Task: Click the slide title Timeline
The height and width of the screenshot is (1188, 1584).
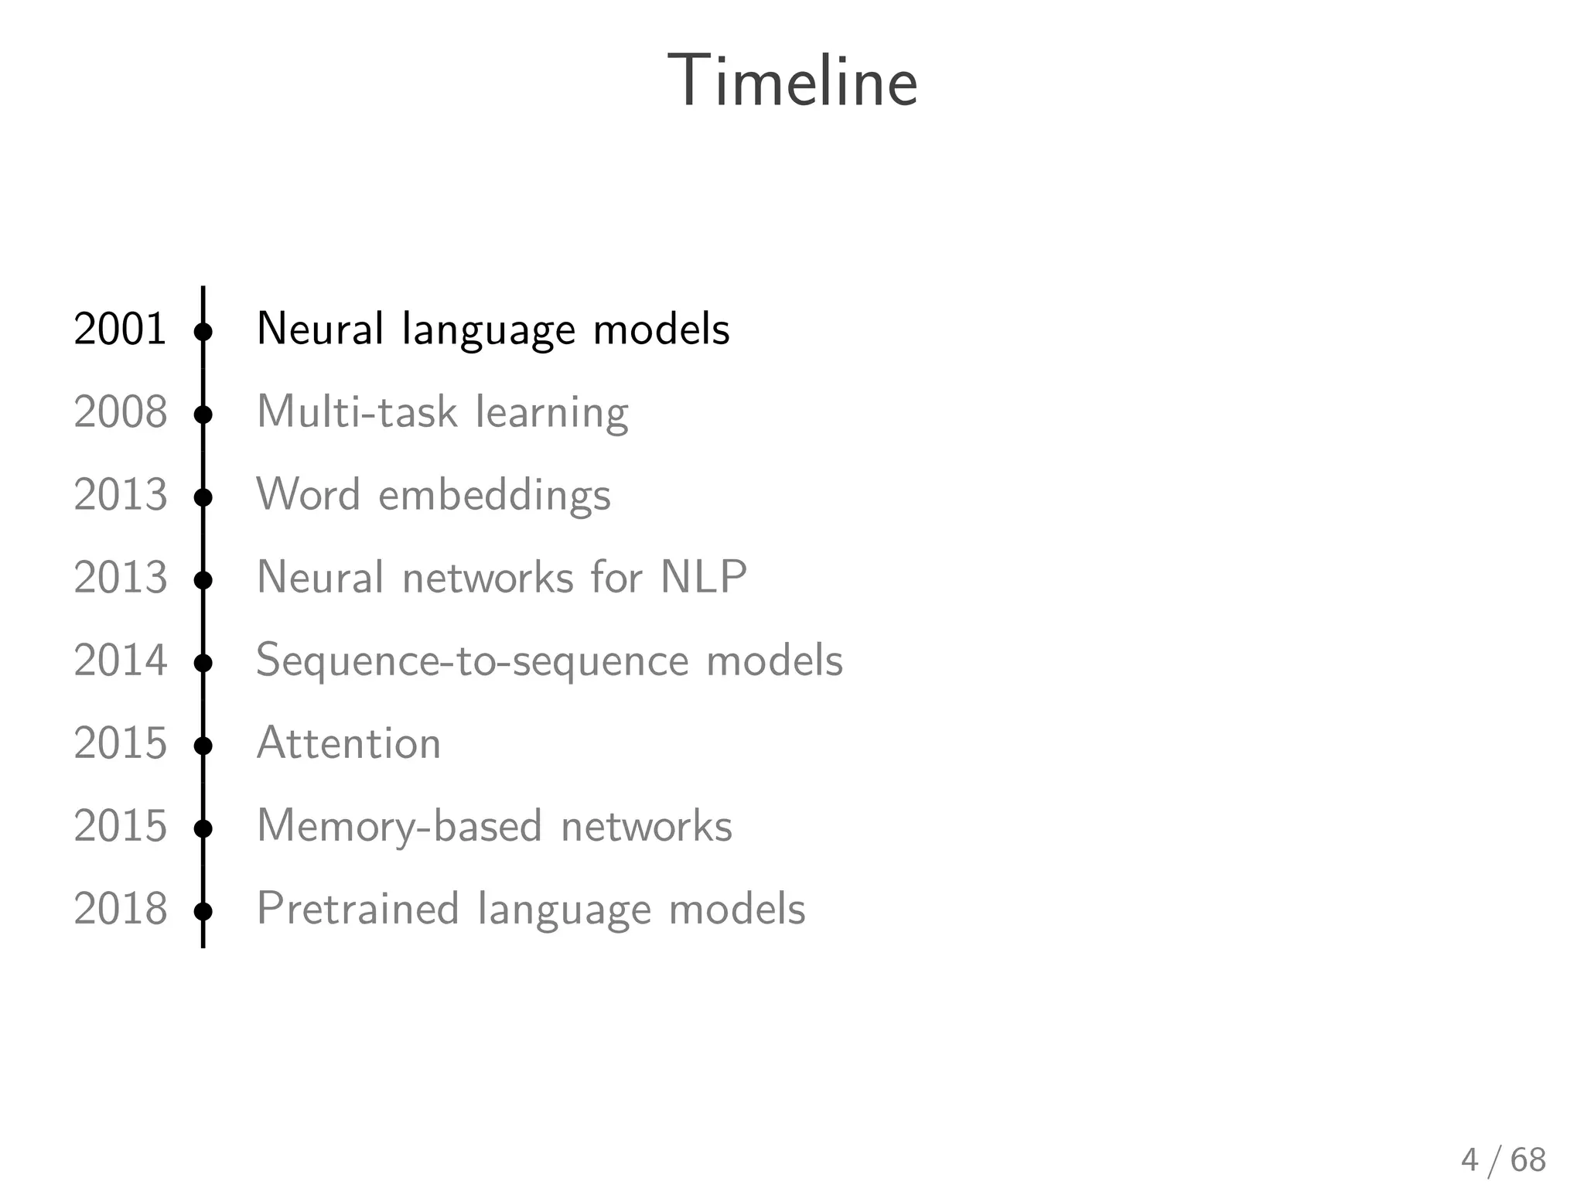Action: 793,81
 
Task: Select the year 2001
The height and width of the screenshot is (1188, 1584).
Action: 120,329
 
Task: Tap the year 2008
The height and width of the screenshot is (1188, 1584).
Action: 120,412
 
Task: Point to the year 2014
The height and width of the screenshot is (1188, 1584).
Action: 120,661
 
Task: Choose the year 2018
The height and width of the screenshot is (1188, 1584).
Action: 120,910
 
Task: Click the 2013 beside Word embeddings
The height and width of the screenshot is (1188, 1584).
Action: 120,495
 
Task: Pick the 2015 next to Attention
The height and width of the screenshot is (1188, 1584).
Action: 120,744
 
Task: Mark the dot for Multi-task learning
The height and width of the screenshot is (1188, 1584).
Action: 203,415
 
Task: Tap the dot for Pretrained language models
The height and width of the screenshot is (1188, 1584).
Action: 203,912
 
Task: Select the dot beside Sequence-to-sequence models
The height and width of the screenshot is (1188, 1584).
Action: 203,664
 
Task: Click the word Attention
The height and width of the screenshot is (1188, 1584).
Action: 348,744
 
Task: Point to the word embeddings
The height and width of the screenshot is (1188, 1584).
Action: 494,496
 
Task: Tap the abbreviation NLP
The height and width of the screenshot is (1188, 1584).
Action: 703,578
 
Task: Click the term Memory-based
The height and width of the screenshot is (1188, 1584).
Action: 399,827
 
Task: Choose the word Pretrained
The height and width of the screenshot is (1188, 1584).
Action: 358,909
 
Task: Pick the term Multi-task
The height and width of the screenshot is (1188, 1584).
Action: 357,412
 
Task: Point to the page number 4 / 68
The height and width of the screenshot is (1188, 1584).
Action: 1503,1160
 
